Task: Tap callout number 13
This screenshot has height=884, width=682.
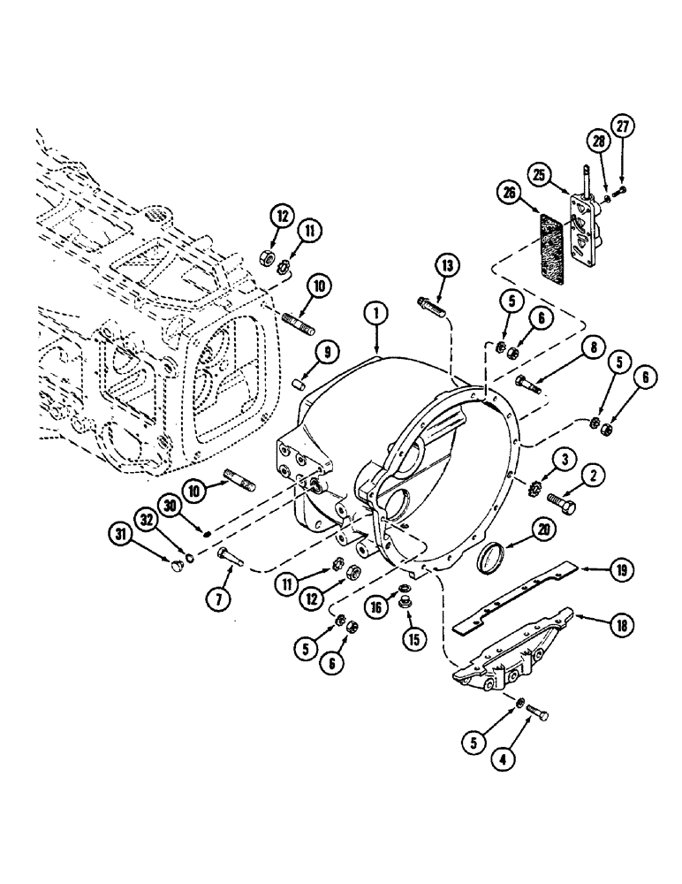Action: [448, 266]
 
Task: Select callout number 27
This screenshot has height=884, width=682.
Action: [625, 126]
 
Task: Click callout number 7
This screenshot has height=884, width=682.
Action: [218, 598]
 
